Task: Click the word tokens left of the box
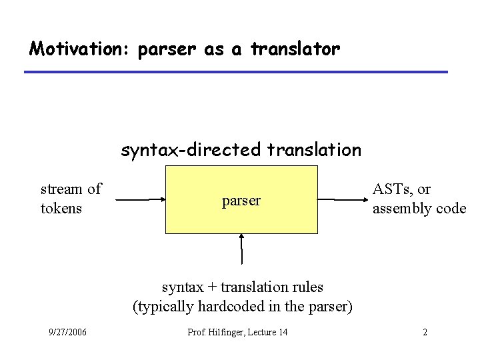click(61, 209)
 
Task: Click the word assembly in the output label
click(401, 209)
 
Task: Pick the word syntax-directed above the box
click(191, 151)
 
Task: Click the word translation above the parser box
click(314, 150)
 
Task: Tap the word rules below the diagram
click(307, 287)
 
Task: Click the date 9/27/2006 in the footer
click(67, 332)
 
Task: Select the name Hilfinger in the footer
click(229, 332)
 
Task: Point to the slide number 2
click(425, 332)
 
